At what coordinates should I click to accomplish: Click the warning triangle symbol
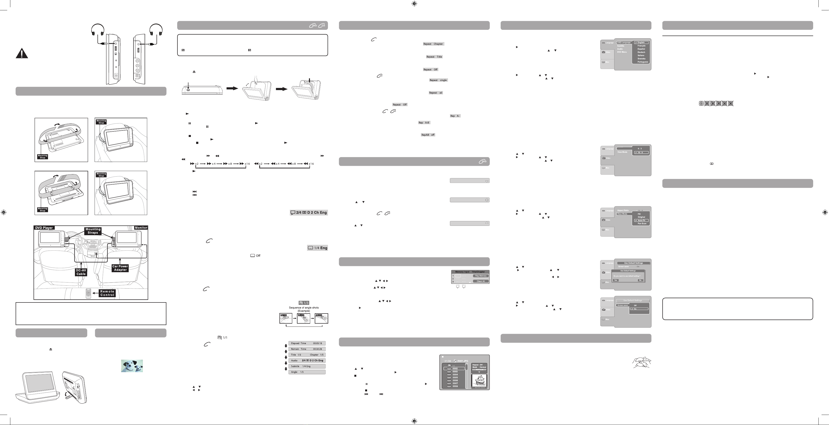click(22, 53)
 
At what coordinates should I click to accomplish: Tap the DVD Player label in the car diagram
click(44, 228)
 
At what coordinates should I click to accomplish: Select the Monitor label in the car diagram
click(141, 228)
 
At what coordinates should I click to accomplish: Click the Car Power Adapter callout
click(120, 268)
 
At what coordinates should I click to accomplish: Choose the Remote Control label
click(107, 293)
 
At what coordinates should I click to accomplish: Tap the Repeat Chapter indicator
click(433, 44)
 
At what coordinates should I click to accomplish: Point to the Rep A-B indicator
click(424, 123)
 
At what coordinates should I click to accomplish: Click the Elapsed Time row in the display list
click(307, 343)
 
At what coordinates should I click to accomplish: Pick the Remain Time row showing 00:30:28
click(307, 349)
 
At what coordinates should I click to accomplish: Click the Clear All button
click(480, 281)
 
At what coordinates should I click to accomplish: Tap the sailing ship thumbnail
click(479, 381)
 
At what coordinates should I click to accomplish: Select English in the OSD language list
click(641, 43)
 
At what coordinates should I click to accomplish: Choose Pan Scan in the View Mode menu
click(642, 223)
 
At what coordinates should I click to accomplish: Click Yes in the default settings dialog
click(616, 280)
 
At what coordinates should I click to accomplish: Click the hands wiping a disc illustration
click(642, 363)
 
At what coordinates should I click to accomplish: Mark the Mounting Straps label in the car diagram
click(93, 231)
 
